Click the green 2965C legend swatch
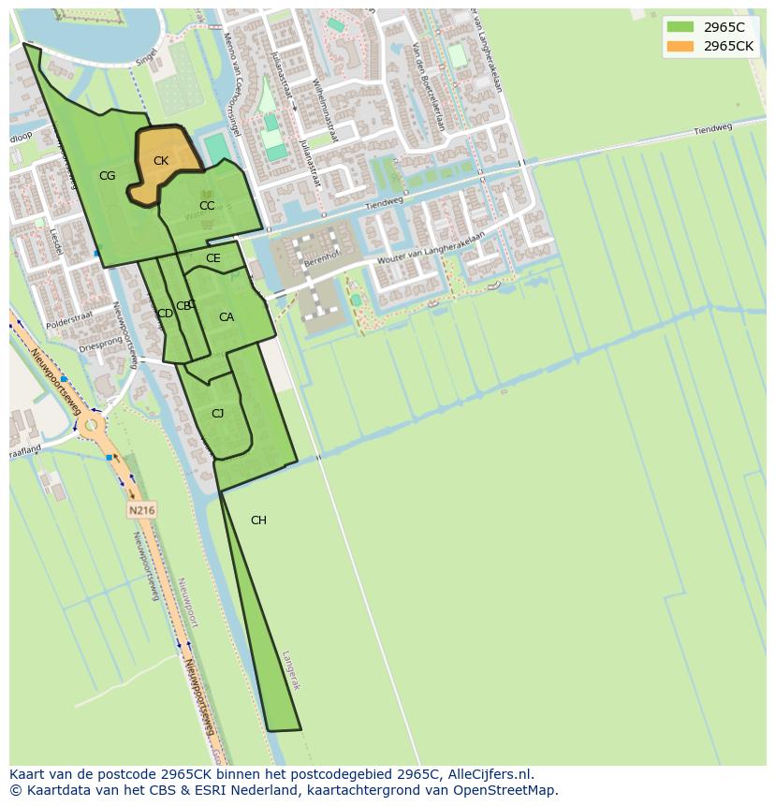coord(680,27)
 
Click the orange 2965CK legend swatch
coord(680,46)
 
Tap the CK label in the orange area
coord(161,161)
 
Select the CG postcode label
coord(108,176)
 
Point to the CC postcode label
coord(207,206)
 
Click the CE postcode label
coord(213,258)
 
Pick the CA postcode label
coord(227,317)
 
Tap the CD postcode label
coord(165,314)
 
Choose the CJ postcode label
coord(217,414)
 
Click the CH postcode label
coord(258,520)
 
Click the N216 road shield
coord(142,510)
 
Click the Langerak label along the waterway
coord(291,669)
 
